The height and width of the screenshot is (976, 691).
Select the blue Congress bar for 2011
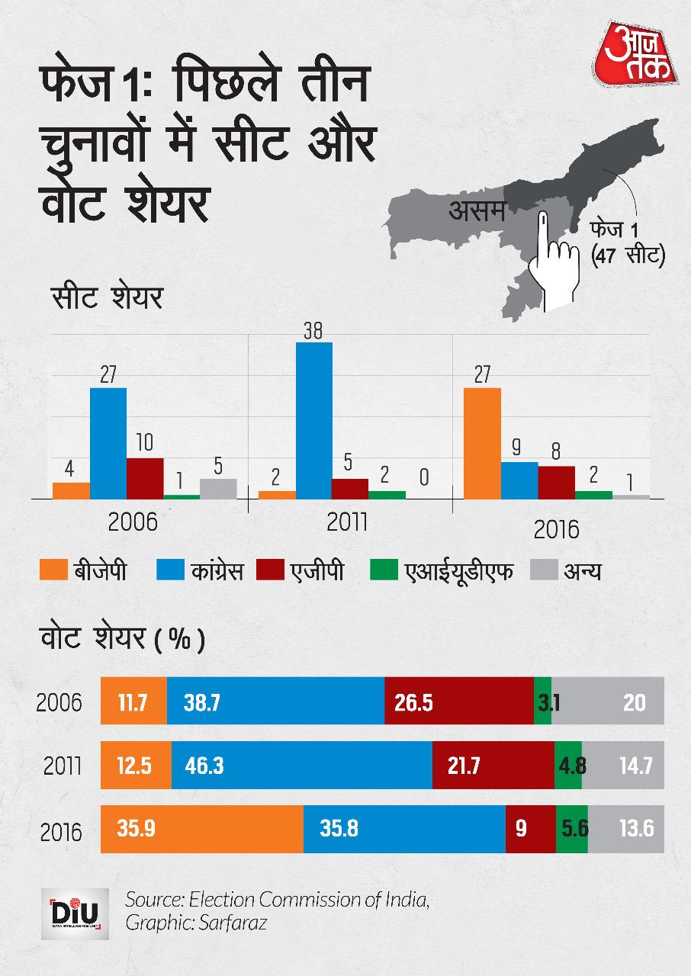point(314,420)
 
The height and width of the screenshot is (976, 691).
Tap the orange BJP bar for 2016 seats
point(482,443)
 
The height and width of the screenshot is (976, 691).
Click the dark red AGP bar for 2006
point(145,478)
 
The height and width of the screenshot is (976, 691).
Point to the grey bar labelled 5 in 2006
point(218,488)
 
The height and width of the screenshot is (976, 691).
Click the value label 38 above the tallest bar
point(313,332)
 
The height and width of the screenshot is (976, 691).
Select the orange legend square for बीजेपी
point(52,570)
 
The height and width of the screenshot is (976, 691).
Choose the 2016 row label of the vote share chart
point(59,830)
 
